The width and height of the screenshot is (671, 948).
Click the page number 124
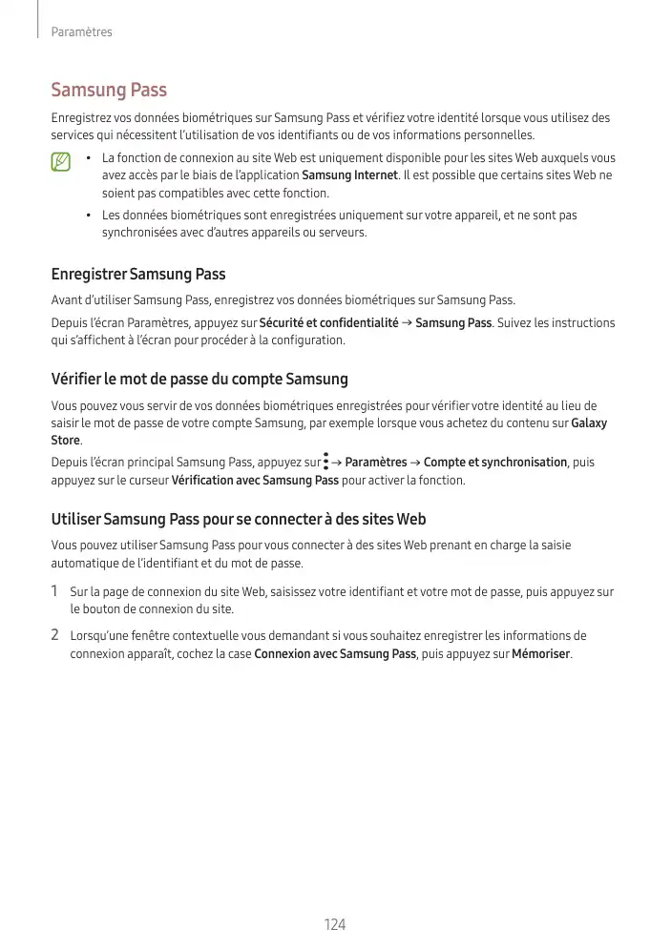334,925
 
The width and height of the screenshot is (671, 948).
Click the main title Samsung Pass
109,91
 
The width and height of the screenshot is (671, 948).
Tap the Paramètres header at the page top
81,32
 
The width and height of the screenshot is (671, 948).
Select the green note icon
62,164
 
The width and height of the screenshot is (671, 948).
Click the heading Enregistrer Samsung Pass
137,275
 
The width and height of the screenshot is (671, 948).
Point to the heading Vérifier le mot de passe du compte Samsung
199,380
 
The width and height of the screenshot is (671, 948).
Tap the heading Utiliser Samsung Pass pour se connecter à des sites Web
238,520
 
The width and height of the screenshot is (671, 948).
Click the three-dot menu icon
325,463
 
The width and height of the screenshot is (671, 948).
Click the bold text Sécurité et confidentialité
328,323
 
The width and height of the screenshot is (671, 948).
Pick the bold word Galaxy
588,423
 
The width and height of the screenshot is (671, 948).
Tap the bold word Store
65,441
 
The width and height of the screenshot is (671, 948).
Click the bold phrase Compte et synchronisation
495,463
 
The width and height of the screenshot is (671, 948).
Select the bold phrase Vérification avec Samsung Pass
254,481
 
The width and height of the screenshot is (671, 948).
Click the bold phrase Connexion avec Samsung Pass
335,654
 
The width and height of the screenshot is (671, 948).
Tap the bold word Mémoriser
541,654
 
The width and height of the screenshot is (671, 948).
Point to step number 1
55,592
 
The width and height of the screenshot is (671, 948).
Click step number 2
55,635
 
